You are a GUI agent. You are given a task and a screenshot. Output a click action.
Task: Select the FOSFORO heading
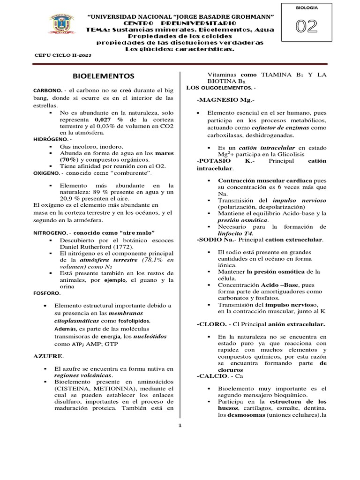46,292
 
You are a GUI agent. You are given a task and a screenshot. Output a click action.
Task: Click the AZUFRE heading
46,356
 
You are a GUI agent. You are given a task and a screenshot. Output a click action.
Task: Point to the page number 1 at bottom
180,426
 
